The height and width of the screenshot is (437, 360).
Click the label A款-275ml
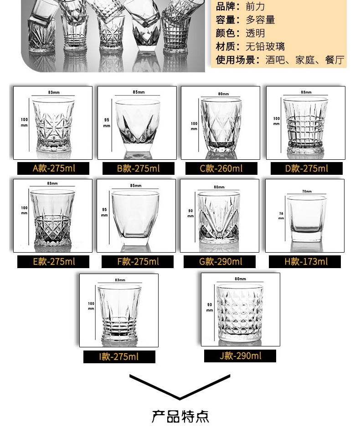[54, 168]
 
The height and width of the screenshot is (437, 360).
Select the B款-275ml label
[138, 169]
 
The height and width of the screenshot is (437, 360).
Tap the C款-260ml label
[221, 169]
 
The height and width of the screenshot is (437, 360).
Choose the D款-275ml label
[306, 169]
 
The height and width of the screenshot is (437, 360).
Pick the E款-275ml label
[54, 262]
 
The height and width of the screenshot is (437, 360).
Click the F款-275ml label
[138, 262]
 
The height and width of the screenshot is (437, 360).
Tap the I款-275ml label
[119, 356]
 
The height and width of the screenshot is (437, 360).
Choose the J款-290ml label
[240, 356]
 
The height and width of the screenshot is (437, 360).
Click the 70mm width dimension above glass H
[306, 192]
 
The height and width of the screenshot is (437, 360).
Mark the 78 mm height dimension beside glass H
[281, 215]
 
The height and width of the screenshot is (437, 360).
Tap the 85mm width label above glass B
[138, 92]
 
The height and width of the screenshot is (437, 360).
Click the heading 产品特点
[180, 416]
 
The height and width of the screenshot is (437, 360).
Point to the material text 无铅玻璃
[265, 46]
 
